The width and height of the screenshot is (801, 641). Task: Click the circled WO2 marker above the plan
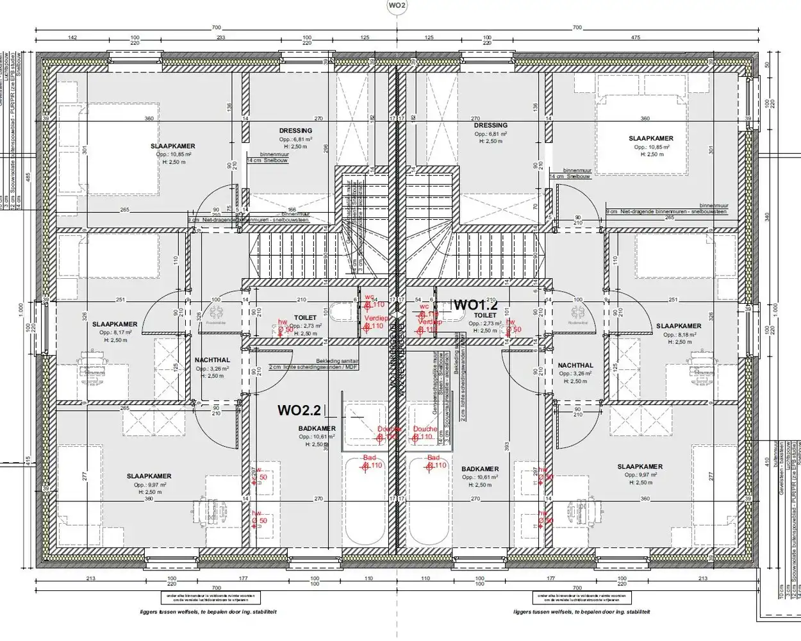(397, 6)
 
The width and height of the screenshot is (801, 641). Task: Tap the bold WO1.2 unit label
(475, 305)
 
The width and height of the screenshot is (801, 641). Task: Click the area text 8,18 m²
(679, 335)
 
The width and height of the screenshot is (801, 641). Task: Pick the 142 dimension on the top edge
(72, 38)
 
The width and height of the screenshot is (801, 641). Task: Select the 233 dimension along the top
(220, 38)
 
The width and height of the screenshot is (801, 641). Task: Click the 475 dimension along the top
(635, 38)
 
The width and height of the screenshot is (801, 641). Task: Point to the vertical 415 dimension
(28, 460)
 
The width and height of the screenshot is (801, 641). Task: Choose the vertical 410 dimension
(766, 460)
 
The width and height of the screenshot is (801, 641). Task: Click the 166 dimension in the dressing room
(292, 210)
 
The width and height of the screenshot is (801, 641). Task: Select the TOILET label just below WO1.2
(485, 315)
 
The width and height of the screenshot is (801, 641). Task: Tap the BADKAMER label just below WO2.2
(317, 429)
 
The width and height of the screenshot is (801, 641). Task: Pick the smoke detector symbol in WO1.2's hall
(577, 313)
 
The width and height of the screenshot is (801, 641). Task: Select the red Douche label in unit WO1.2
(425, 429)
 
